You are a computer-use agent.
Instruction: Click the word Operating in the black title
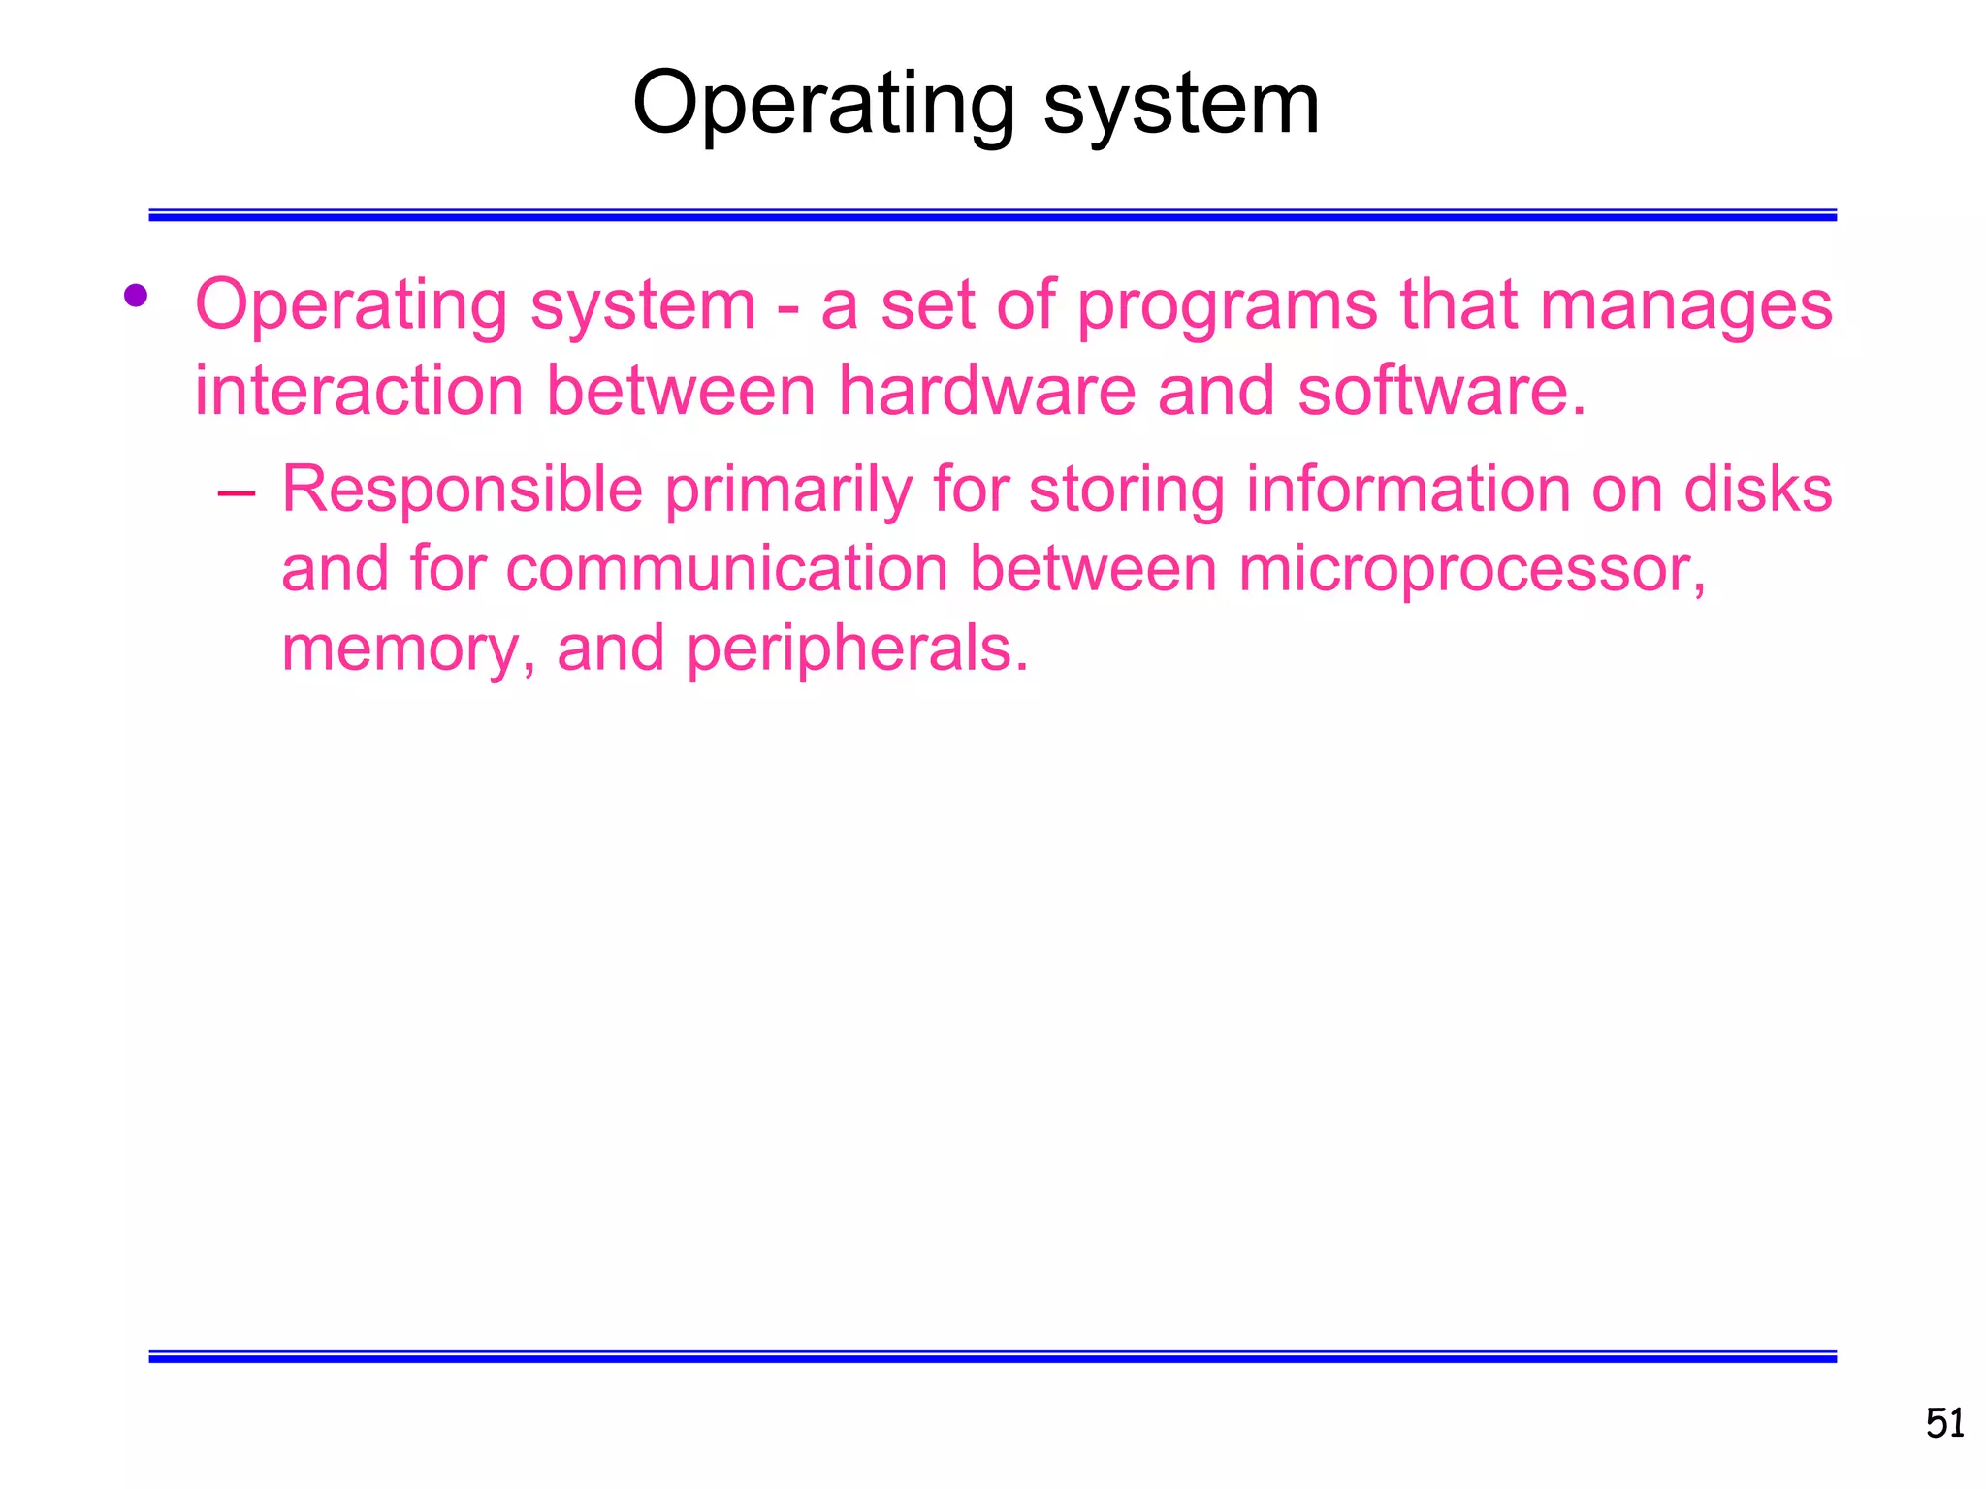pos(822,105)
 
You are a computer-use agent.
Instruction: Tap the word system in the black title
pos(1181,105)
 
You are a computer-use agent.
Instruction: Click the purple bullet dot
pos(136,295)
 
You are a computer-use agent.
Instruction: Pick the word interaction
pos(359,391)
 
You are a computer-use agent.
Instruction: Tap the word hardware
pos(987,391)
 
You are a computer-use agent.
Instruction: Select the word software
pos(1441,391)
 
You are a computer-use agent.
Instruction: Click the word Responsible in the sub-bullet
pos(463,489)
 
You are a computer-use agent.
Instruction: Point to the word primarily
pos(788,491)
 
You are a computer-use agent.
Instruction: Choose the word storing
pos(1127,491)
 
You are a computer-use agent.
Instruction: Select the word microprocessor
pos(1472,570)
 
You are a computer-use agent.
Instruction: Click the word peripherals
pos(857,649)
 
